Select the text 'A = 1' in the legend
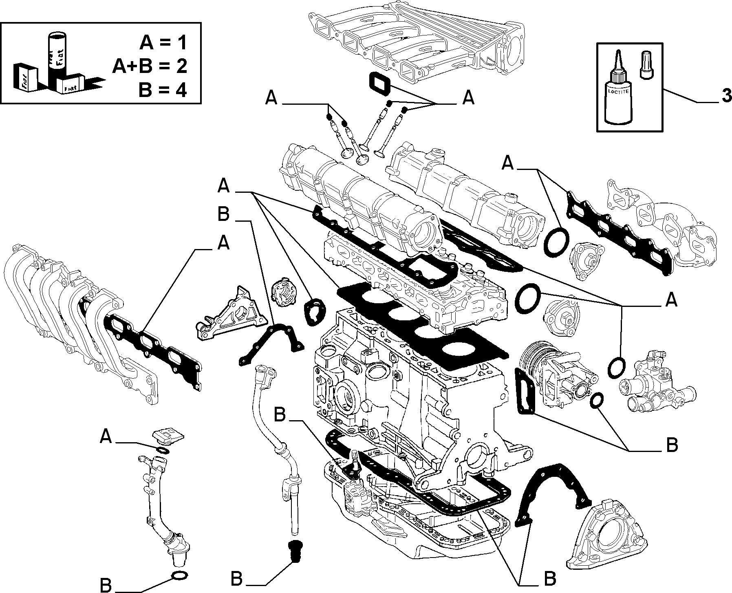click(x=163, y=42)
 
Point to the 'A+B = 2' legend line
click(x=150, y=66)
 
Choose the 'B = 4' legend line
click(x=163, y=90)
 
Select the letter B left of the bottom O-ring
click(x=106, y=585)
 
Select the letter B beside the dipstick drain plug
click(x=237, y=579)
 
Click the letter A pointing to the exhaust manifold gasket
click(x=223, y=243)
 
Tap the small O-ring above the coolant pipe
click(x=163, y=450)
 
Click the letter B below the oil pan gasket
click(x=550, y=578)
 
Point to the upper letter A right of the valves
click(x=469, y=97)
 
